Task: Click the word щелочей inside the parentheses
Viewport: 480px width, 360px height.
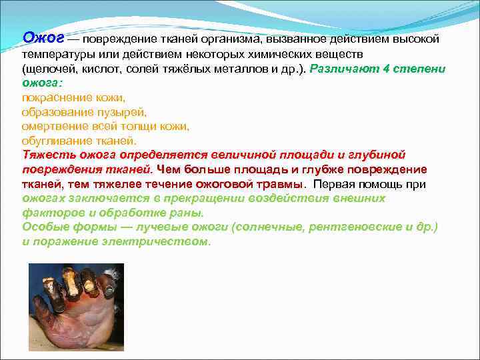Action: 47,69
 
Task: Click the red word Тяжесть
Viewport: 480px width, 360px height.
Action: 47,155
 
